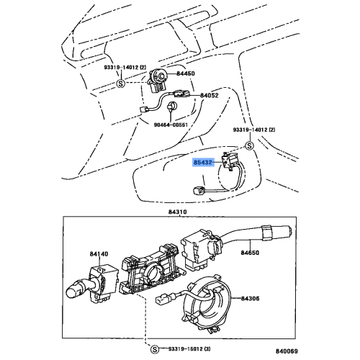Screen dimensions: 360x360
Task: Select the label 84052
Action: pyautogui.click(x=210, y=95)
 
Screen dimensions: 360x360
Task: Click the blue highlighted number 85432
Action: pyautogui.click(x=203, y=164)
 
